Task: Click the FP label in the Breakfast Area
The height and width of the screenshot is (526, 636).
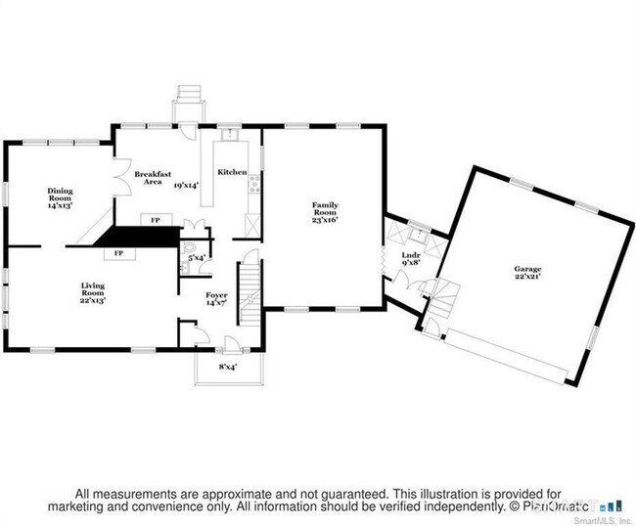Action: point(155,220)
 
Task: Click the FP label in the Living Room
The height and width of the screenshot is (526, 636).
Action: point(118,253)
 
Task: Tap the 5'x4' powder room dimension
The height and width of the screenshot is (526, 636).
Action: point(196,257)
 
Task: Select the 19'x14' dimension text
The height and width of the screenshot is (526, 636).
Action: point(186,184)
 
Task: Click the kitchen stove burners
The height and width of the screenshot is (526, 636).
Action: point(253,182)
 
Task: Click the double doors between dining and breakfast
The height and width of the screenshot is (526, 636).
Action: point(120,183)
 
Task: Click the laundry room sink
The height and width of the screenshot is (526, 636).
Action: point(418,234)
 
